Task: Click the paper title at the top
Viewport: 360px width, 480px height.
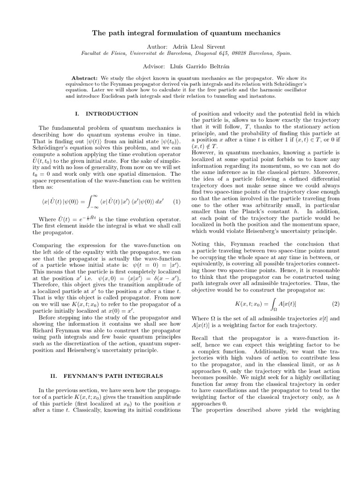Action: (180, 33)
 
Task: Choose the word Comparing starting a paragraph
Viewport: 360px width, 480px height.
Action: (47, 245)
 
